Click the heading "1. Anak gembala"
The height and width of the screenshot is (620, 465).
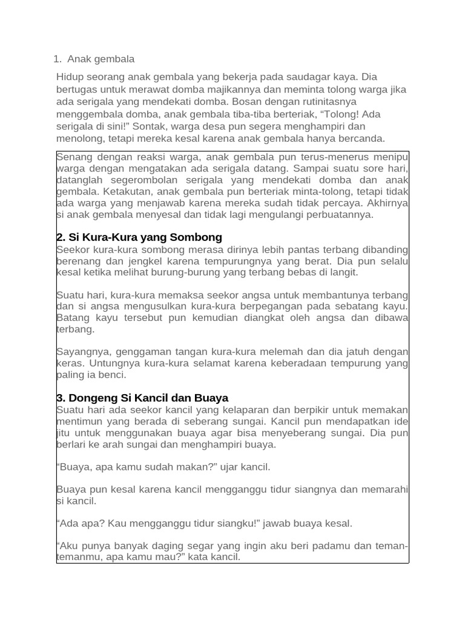pos(94,59)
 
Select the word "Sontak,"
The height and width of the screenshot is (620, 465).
pos(151,126)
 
